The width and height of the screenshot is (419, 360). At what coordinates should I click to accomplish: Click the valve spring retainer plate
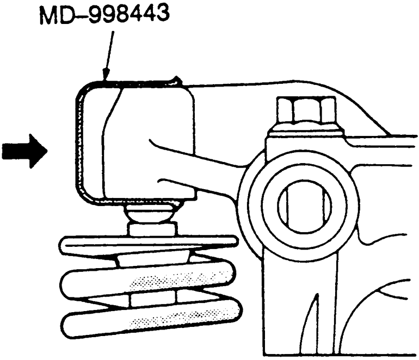coord(147,244)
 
